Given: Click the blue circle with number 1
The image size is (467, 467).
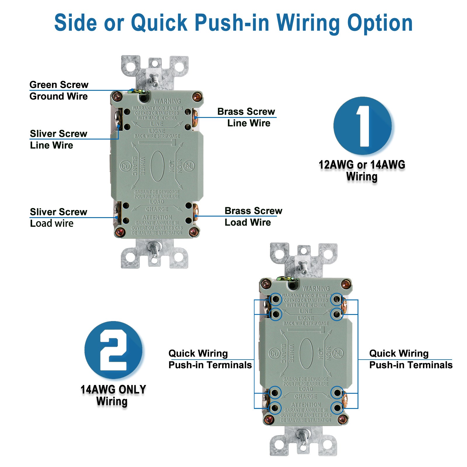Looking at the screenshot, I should coord(363,126).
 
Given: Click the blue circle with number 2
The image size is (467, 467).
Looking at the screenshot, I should coord(113,350).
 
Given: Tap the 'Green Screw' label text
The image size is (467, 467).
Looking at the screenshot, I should coord(59,85).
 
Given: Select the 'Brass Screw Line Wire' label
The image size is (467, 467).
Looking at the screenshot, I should coord(247,117).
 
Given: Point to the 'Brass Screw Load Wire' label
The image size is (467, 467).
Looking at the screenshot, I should coord(253,216).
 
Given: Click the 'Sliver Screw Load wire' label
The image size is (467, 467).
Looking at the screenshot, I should coord(58,217).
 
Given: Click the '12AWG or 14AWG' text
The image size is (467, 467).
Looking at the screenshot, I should coord(362,165).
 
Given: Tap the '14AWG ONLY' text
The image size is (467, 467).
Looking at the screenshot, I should coord(113,389).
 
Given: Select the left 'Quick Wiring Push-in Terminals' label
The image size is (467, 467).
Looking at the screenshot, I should coord(210,359).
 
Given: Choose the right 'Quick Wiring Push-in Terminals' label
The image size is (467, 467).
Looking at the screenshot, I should coord(410,359).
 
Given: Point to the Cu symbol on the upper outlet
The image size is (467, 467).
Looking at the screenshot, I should coord(126,166).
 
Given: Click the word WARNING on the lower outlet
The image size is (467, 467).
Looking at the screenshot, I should coord(316,288).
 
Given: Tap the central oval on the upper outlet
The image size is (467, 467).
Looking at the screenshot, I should coord(157,166).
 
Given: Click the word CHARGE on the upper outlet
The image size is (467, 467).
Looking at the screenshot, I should coord(157,209).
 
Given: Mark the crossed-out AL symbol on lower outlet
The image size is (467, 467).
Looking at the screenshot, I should coord(337,353).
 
